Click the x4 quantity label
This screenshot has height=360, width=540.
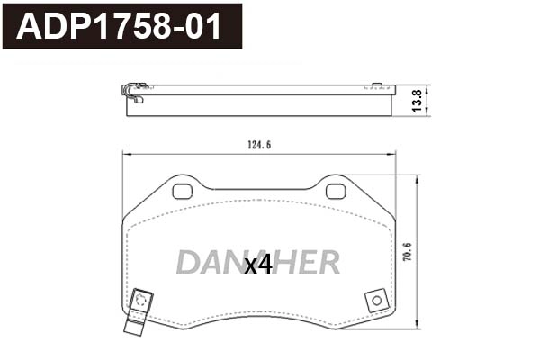[x=258, y=265]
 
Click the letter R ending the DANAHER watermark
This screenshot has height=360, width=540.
[x=328, y=262]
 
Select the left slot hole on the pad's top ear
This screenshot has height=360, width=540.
[x=183, y=191]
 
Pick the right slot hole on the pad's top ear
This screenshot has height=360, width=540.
[x=335, y=191]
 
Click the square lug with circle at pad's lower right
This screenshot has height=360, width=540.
[x=375, y=301]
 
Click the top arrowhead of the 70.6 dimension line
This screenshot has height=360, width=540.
[x=416, y=178]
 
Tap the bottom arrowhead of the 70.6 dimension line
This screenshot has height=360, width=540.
[x=416, y=328]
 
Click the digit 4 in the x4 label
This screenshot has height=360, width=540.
[x=265, y=265]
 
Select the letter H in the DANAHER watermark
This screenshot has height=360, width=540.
[x=286, y=262]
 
